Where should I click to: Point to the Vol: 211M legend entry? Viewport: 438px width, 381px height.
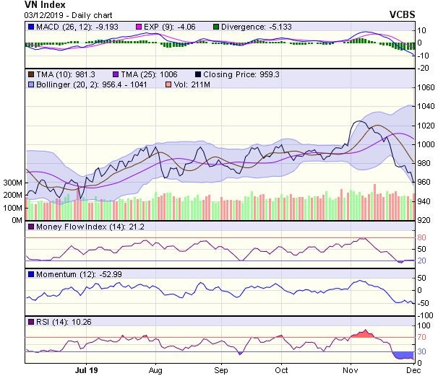192,84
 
